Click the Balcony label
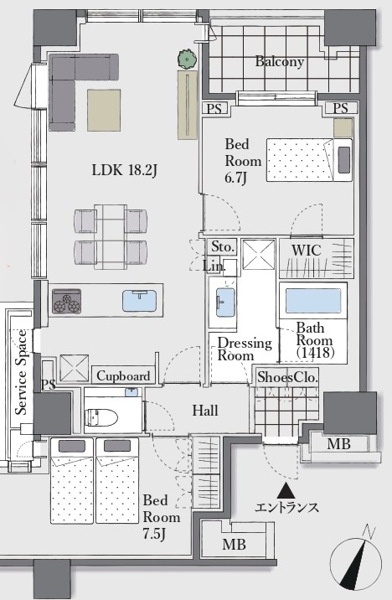[x=280, y=61]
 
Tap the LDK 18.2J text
[x=124, y=170]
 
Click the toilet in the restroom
[x=101, y=417]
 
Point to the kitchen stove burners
[x=66, y=302]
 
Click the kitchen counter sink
[x=140, y=301]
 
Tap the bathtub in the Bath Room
[x=312, y=301]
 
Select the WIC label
[x=306, y=251]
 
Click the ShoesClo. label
[x=287, y=377]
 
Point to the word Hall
[x=205, y=411]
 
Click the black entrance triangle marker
[x=286, y=490]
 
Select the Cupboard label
[x=123, y=376]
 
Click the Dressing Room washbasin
[x=225, y=302]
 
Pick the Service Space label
[x=22, y=372]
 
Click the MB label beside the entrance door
[x=339, y=444]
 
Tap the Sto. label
[x=223, y=247]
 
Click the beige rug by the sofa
[x=104, y=111]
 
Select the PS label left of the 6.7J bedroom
[x=214, y=109]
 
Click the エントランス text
[x=286, y=507]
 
